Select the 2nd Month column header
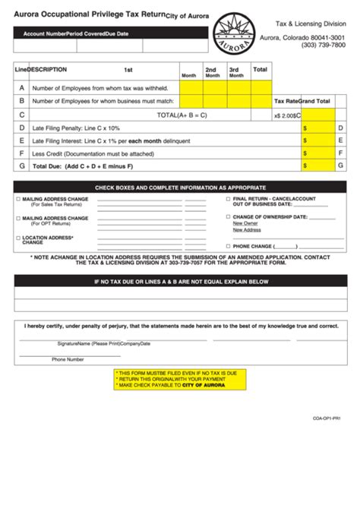pos(212,72)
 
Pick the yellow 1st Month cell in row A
pos(190,87)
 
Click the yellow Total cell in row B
pos(260,101)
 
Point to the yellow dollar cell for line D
pos(317,128)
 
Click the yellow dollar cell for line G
pos(317,166)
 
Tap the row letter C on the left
pos(22,115)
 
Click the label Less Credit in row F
pos(48,153)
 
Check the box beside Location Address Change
pos(17,238)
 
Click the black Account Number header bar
pos(110,33)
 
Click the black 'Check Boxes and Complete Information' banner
pos(180,187)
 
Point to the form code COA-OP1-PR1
pos(326,417)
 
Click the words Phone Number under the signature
pos(68,359)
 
